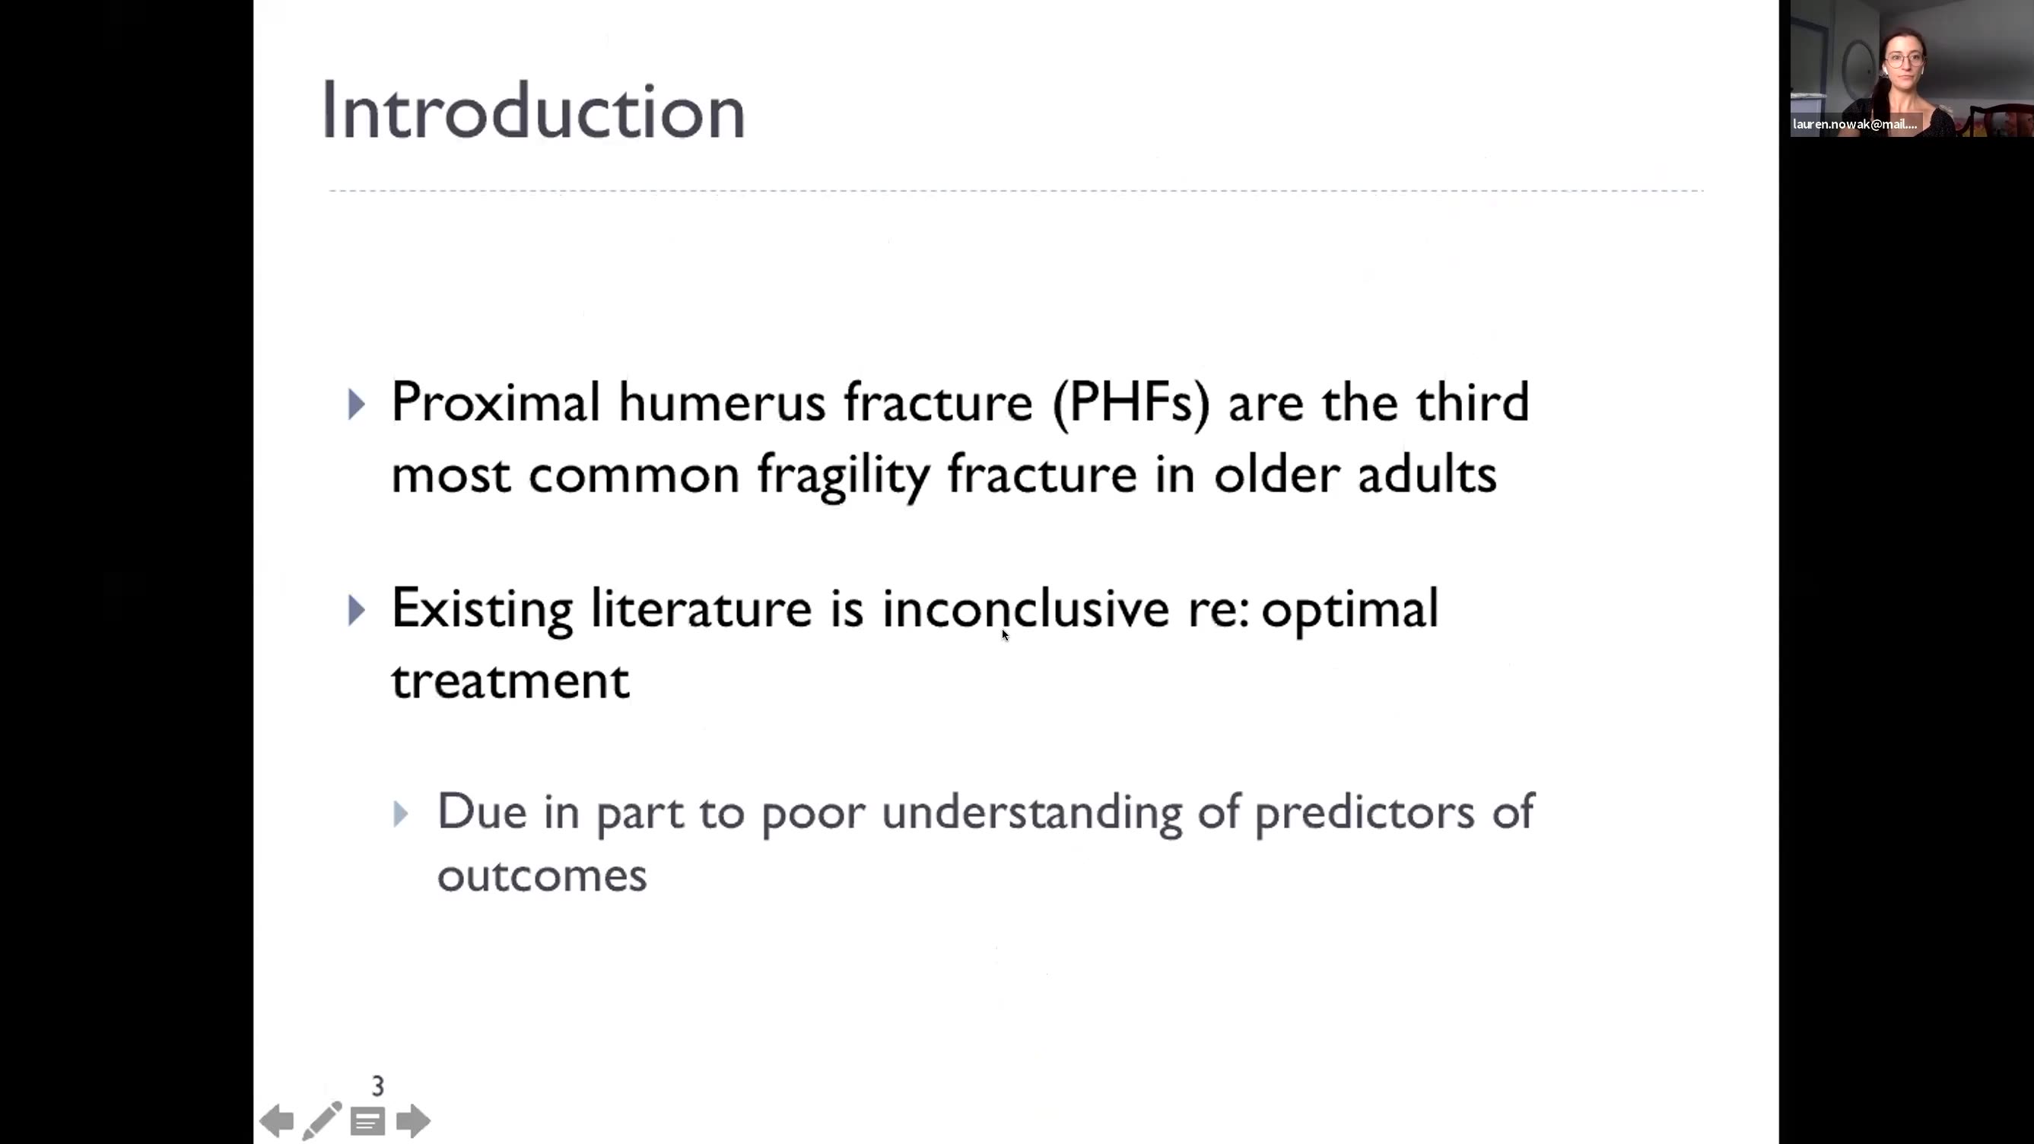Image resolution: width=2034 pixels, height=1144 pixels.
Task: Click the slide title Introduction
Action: pos(534,111)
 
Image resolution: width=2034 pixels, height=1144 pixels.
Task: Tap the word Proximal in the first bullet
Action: pos(495,402)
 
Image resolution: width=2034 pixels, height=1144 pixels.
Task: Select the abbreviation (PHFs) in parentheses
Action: pos(1130,403)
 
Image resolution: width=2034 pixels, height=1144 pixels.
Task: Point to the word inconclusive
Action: pos(1025,609)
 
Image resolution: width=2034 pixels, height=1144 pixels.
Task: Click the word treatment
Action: pos(511,681)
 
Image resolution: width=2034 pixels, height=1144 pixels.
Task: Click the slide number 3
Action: pos(378,1086)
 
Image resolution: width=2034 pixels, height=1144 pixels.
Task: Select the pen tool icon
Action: pos(323,1120)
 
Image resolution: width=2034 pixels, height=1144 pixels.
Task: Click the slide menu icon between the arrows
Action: pos(368,1121)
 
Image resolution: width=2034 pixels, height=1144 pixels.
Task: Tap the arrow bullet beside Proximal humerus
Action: pos(357,404)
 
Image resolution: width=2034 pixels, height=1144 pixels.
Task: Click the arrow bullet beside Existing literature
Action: pos(357,610)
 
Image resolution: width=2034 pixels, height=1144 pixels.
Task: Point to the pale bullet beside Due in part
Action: pos(401,814)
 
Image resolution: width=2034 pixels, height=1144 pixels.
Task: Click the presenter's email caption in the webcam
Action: pos(1854,124)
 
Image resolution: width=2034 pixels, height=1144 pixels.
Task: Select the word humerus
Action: pos(722,403)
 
